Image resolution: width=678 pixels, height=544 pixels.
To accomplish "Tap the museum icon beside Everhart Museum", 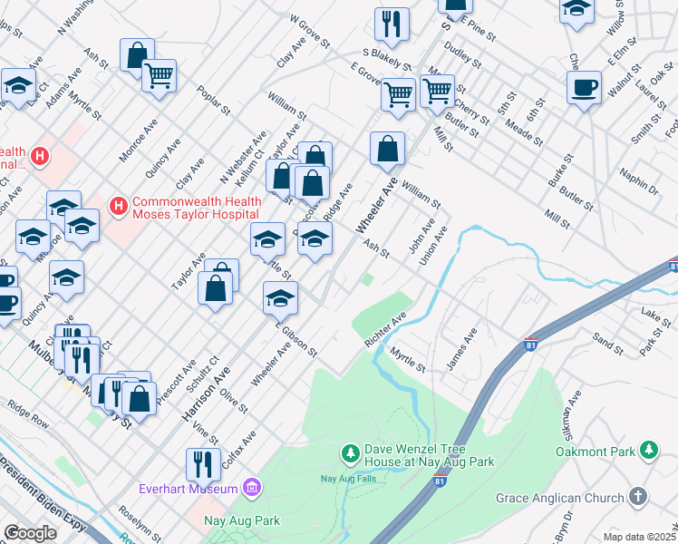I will pyautogui.click(x=252, y=490).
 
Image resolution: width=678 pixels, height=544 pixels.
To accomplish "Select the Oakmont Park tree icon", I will pyautogui.click(x=648, y=450).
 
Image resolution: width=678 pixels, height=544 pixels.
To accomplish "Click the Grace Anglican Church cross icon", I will pyautogui.click(x=638, y=497).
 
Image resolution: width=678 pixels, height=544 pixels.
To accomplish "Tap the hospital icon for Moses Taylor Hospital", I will pyautogui.click(x=118, y=207).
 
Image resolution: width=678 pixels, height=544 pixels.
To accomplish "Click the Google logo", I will pyautogui.click(x=30, y=533).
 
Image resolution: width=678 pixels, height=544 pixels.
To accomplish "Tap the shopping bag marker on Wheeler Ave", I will pyautogui.click(x=387, y=149).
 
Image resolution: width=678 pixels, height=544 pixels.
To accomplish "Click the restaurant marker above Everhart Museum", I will pyautogui.click(x=203, y=464).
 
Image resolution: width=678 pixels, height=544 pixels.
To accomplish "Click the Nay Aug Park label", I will pyautogui.click(x=241, y=520).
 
